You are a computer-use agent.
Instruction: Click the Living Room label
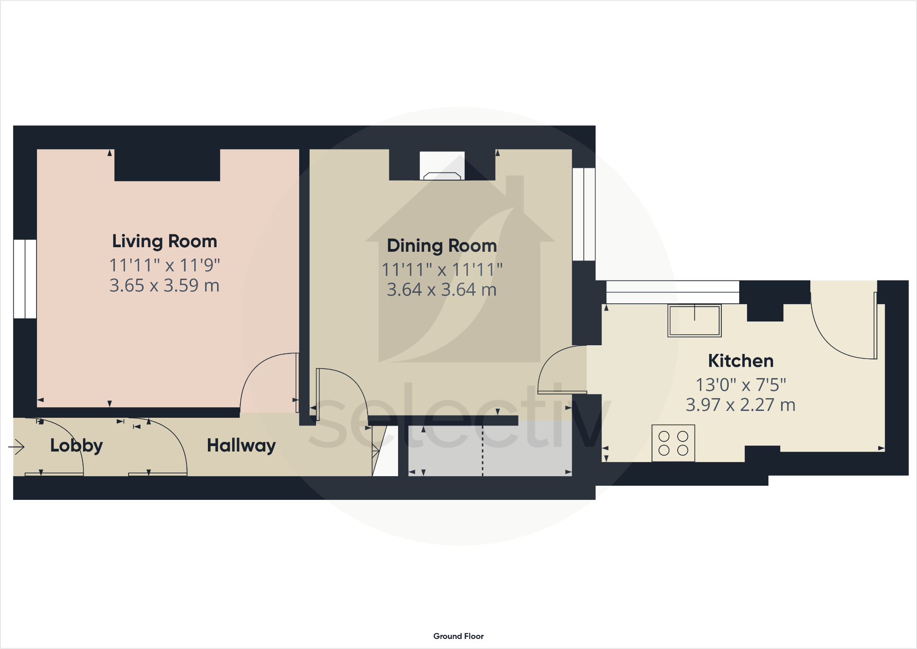(165, 241)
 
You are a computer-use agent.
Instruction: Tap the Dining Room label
(441, 246)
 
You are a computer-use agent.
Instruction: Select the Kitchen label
(741, 361)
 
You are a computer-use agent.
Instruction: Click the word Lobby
(76, 446)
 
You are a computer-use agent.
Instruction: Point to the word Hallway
(241, 446)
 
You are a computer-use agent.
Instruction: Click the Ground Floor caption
(458, 636)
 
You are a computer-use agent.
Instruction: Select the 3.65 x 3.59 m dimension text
(165, 286)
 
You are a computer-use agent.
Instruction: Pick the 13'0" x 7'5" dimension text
(741, 385)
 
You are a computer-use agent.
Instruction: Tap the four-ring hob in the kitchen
(673, 443)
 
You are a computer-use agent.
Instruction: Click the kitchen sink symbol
(694, 321)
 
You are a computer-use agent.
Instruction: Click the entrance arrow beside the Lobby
(17, 447)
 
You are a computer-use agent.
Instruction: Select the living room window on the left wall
(25, 279)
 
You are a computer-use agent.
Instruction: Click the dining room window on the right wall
(584, 214)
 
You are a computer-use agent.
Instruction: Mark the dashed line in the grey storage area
(482, 451)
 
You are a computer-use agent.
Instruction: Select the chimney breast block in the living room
(167, 165)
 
